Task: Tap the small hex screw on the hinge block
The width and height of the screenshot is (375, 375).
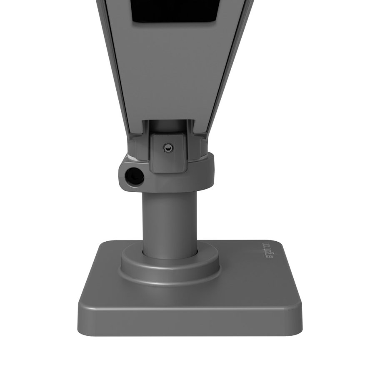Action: (167, 147)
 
